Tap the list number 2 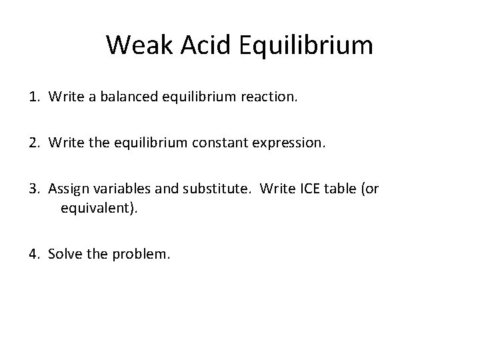[33, 144]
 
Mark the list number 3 [33, 189]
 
